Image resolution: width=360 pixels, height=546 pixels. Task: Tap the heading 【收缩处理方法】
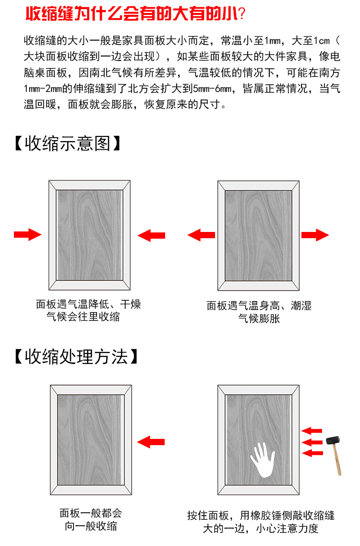pyautogui.click(x=76, y=356)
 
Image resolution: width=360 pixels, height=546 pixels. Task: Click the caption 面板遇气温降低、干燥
pyautogui.click(x=88, y=304)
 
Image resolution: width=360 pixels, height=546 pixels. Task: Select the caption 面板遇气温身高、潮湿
pyautogui.click(x=259, y=305)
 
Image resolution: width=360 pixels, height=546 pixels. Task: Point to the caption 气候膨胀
pyautogui.click(x=259, y=318)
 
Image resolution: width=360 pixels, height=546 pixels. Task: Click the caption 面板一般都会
pyautogui.click(x=91, y=513)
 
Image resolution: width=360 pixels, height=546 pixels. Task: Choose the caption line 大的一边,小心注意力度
pyautogui.click(x=261, y=529)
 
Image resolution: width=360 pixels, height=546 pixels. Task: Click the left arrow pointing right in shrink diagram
pyautogui.click(x=27, y=235)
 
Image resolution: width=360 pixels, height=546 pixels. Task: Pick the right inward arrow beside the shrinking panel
pyautogui.click(x=151, y=235)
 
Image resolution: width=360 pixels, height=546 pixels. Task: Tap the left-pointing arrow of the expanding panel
pyautogui.click(x=201, y=235)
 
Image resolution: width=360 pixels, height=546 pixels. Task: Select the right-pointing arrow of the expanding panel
pyautogui.click(x=315, y=235)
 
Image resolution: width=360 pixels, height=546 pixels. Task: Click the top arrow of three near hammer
pyautogui.click(x=312, y=430)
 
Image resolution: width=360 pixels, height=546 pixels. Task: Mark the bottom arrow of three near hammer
pyautogui.click(x=312, y=452)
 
